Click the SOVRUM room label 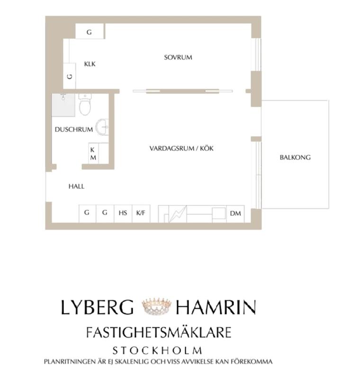point(178,57)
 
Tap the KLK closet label point(90,64)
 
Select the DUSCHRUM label point(73,129)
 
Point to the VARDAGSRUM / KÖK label point(181,148)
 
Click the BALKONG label point(295,157)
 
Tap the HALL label point(76,186)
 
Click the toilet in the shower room point(85,105)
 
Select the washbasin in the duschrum point(102,127)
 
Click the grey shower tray point(64,105)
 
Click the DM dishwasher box point(235,213)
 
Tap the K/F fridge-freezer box point(141,213)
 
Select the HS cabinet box point(123,213)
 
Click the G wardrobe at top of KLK point(89,32)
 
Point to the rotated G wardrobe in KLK point(69,76)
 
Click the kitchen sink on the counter point(218,213)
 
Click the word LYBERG point(97,308)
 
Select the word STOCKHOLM point(157,351)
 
